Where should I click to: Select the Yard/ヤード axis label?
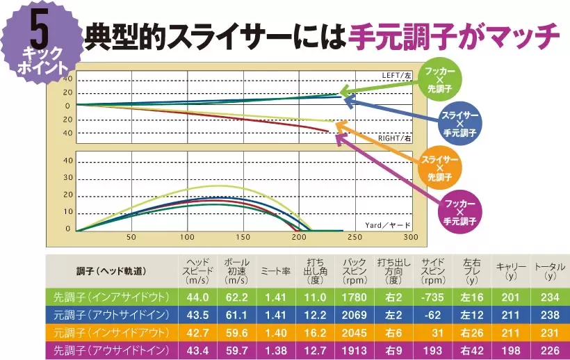pos(386,224)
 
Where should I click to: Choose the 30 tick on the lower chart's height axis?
pos(68,177)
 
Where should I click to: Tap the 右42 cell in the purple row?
pos(472,349)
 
